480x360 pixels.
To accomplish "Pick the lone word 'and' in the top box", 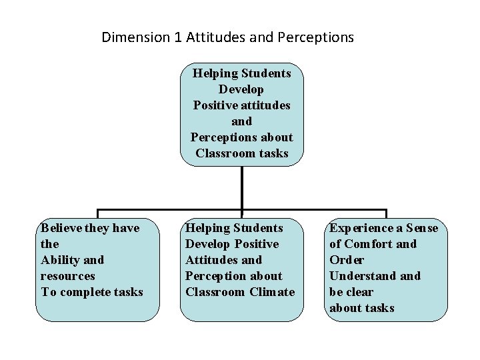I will [241, 121].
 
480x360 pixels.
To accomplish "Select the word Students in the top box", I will [266, 73].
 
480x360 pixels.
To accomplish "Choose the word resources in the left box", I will [68, 276].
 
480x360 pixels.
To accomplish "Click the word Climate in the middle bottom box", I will [273, 292].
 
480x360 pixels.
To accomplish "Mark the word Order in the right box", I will [345, 260].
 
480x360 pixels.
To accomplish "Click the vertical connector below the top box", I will [241, 183].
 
